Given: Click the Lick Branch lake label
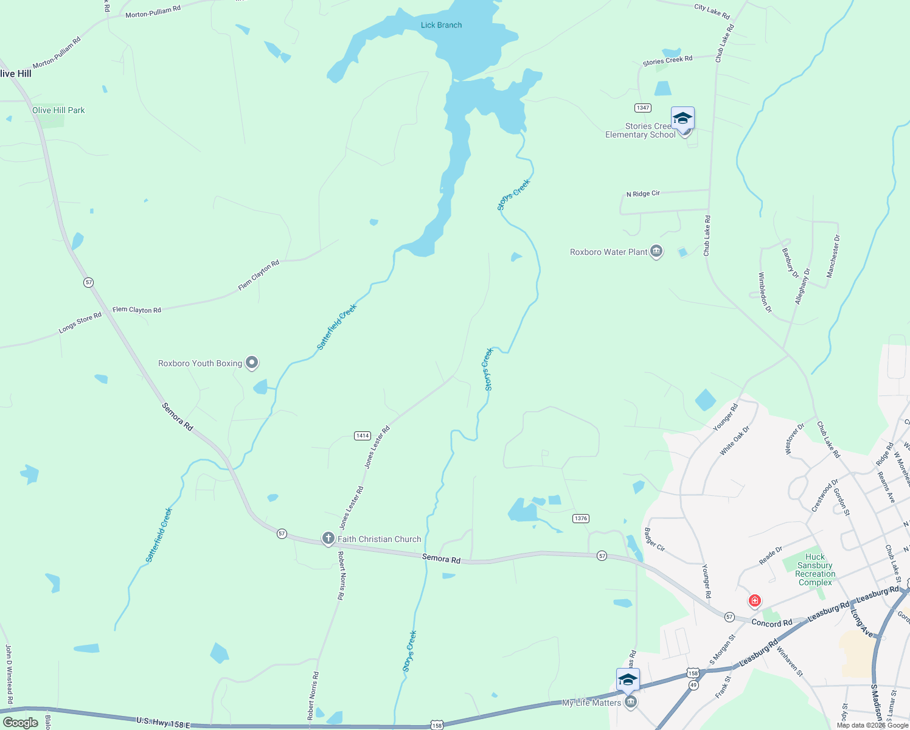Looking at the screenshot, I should coord(441,25).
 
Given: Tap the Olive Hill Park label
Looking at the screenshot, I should coord(58,110).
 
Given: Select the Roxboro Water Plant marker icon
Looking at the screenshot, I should coord(656,251).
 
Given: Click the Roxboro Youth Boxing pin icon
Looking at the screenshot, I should coord(252,363).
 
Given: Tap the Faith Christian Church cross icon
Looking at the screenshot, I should coord(328,538).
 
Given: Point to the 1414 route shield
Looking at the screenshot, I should coord(363,436).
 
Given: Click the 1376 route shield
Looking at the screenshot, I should coord(581,518).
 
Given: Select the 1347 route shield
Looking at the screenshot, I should coord(643,108).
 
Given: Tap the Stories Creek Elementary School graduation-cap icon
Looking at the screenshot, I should coord(682,118).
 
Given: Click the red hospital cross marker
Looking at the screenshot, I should coord(755,601).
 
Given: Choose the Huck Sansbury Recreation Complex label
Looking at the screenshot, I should coord(815,569).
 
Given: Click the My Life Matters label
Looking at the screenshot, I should coord(591,703).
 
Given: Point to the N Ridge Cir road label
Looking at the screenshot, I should coord(643,194).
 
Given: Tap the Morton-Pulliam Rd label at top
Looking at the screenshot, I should coord(153,12).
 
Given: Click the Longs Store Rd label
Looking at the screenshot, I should coord(80,322).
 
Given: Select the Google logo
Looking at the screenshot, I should coord(21,723).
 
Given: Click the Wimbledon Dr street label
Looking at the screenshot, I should coord(765,293).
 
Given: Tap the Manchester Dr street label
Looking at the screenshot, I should coord(833,257).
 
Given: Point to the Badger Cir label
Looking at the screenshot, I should coord(654,540).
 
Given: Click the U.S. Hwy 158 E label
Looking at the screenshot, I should coord(163,721).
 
